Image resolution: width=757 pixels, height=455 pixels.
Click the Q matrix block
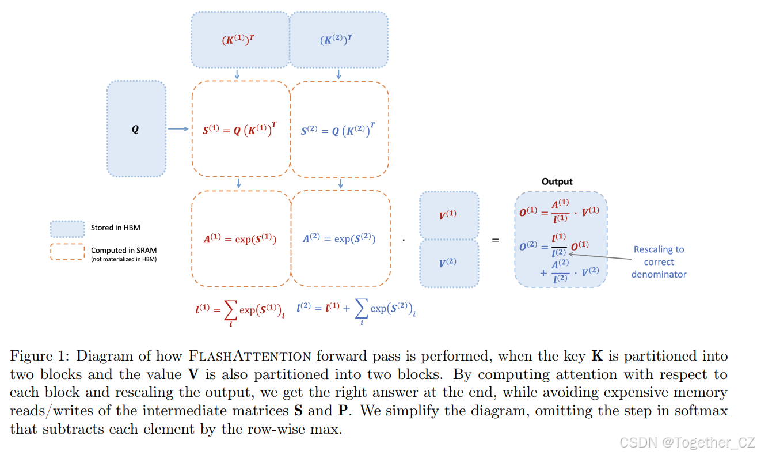click(x=136, y=129)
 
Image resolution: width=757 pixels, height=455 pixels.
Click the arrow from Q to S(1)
click(x=178, y=130)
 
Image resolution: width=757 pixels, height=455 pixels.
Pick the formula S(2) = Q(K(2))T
click(x=339, y=130)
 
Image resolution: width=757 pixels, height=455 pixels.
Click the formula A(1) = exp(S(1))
click(x=239, y=238)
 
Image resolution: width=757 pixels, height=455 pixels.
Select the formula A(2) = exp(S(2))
click(x=339, y=238)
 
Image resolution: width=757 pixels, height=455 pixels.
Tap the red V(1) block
click(x=448, y=215)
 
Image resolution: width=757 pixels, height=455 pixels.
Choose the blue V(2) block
click(x=448, y=263)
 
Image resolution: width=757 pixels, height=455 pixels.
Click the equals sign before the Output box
click(x=495, y=240)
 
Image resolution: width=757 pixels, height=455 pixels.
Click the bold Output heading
click(x=557, y=181)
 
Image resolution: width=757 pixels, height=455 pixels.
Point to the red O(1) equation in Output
click(x=559, y=211)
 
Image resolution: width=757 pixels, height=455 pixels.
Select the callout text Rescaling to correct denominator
click(x=659, y=262)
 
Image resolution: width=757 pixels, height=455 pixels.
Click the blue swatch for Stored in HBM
click(x=67, y=229)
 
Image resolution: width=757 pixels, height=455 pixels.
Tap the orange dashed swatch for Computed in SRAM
click(x=67, y=252)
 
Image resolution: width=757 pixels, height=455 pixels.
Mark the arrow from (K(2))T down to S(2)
click(x=338, y=75)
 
